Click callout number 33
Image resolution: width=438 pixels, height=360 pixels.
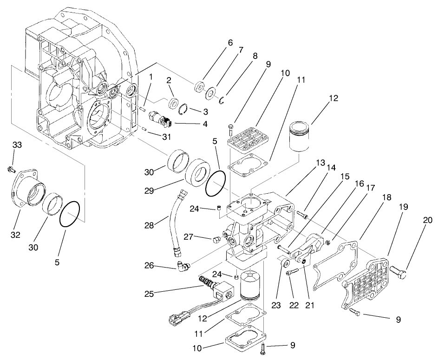pos(17,145)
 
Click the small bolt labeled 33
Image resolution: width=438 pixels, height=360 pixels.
pos(10,169)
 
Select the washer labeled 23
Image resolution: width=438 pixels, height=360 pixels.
pos(282,264)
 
